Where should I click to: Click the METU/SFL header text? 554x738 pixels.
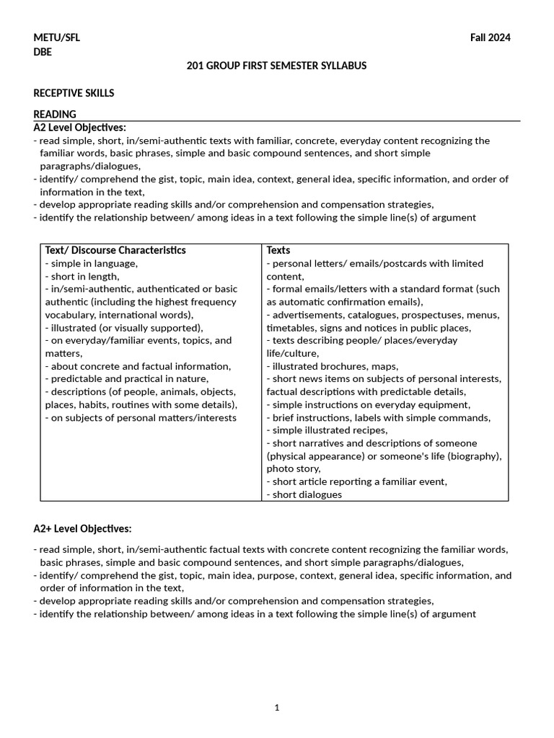(x=57, y=38)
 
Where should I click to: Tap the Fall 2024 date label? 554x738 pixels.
(x=490, y=38)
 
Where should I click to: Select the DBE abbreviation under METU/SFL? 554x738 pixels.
(x=43, y=52)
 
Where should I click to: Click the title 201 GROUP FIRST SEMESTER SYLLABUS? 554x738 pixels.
(x=276, y=66)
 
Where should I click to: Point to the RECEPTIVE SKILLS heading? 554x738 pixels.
(x=74, y=93)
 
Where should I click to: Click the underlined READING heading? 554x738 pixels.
(x=55, y=114)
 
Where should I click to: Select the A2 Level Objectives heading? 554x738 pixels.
(x=79, y=128)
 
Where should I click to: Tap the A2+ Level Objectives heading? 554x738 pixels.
(x=82, y=529)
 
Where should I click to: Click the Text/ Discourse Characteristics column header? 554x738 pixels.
(x=115, y=250)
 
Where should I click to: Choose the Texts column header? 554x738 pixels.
(x=278, y=250)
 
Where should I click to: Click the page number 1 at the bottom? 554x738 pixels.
(x=276, y=708)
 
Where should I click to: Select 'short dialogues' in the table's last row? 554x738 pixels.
(x=307, y=494)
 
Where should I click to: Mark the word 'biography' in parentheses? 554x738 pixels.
(x=475, y=456)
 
